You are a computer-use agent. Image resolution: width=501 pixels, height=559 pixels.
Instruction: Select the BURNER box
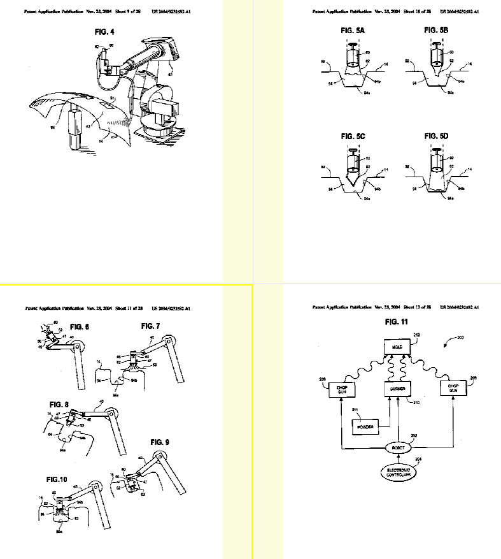(397, 388)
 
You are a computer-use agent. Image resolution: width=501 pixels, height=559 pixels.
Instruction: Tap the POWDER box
(365, 426)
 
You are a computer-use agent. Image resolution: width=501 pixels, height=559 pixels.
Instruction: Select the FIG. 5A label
(351, 30)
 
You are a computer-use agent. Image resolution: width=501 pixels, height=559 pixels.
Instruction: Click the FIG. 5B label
(435, 30)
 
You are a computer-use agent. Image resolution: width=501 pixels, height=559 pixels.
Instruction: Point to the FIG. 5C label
(351, 136)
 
